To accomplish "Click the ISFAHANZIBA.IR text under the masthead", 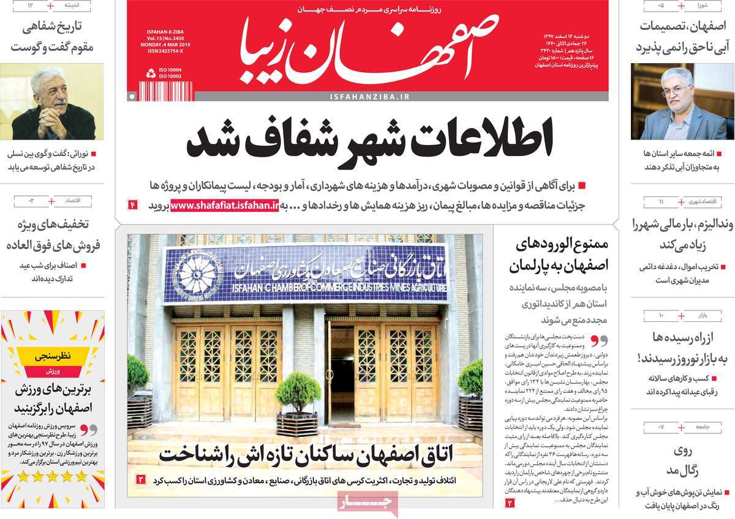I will pyautogui.click(x=369, y=97).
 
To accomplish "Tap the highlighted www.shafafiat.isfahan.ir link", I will pyautogui.click(x=225, y=206).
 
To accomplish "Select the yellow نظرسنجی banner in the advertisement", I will pyautogui.click(x=53, y=354).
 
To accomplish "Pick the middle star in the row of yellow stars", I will pyautogui.click(x=53, y=476).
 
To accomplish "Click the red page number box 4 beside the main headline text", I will pyautogui.click(x=132, y=205).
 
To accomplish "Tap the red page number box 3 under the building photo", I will pyautogui.click(x=140, y=479).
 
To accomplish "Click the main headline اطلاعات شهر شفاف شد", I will pyautogui.click(x=370, y=141).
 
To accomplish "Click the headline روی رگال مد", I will pyautogui.click(x=682, y=461).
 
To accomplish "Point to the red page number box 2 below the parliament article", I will pyautogui.click(x=510, y=502).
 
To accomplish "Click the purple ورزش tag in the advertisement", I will pyautogui.click(x=53, y=372).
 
